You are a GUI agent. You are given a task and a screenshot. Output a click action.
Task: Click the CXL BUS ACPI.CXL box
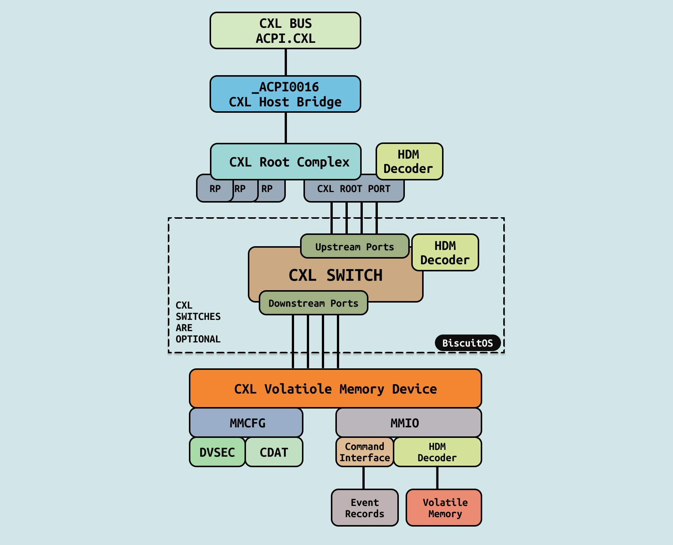285,31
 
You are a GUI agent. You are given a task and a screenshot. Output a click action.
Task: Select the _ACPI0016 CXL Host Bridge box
285,94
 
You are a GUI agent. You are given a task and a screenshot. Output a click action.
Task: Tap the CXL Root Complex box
286,162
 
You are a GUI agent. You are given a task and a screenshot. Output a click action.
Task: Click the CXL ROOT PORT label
354,189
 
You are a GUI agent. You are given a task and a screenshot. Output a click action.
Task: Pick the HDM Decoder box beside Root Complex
409,162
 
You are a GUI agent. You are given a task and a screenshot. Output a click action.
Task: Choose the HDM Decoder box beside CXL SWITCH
445,253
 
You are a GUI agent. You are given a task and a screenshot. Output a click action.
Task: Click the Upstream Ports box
355,247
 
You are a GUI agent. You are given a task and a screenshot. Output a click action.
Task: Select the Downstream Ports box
314,303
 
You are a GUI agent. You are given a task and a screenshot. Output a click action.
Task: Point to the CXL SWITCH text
335,275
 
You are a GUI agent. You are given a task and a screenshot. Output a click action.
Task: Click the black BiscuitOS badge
468,343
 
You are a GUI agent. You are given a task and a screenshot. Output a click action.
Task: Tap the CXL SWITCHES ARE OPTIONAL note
198,322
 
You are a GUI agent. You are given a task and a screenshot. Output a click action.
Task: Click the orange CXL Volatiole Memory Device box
335,389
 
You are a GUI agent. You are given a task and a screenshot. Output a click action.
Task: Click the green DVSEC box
217,452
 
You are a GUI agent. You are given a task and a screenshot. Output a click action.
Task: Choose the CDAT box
274,452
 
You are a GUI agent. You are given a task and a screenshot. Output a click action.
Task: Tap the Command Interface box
365,452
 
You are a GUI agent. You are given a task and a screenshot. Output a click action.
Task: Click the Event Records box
365,508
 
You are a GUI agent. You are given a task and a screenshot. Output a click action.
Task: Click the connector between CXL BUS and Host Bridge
286,62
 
